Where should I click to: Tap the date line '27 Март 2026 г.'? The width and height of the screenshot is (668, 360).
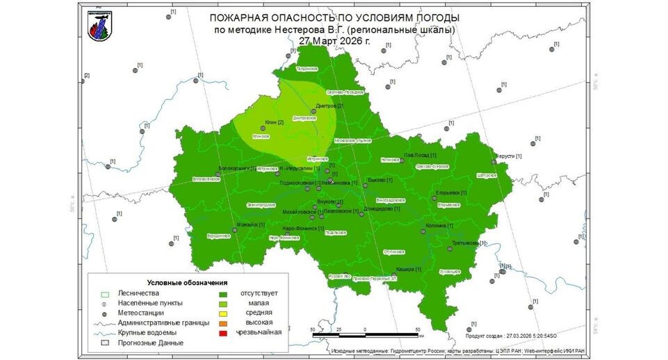click(334, 40)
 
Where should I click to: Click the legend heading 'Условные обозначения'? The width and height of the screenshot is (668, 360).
click(188, 283)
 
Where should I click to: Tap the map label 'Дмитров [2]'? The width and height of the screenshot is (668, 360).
click(329, 106)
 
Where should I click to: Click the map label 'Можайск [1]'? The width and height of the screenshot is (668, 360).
click(252, 224)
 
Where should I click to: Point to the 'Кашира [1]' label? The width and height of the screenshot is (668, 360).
click(408, 268)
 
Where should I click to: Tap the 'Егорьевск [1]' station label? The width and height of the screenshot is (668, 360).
click(452, 192)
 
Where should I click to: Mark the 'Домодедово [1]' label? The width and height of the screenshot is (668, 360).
click(382, 208)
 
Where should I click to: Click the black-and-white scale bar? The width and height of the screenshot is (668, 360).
click(365, 335)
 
